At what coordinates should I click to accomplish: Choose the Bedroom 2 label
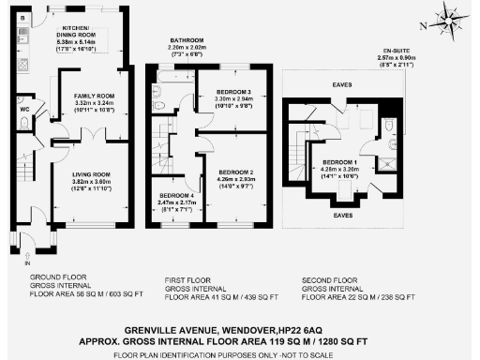click(236, 173)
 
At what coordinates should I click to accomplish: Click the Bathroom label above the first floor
click(187, 40)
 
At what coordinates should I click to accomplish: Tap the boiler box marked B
click(23, 19)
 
